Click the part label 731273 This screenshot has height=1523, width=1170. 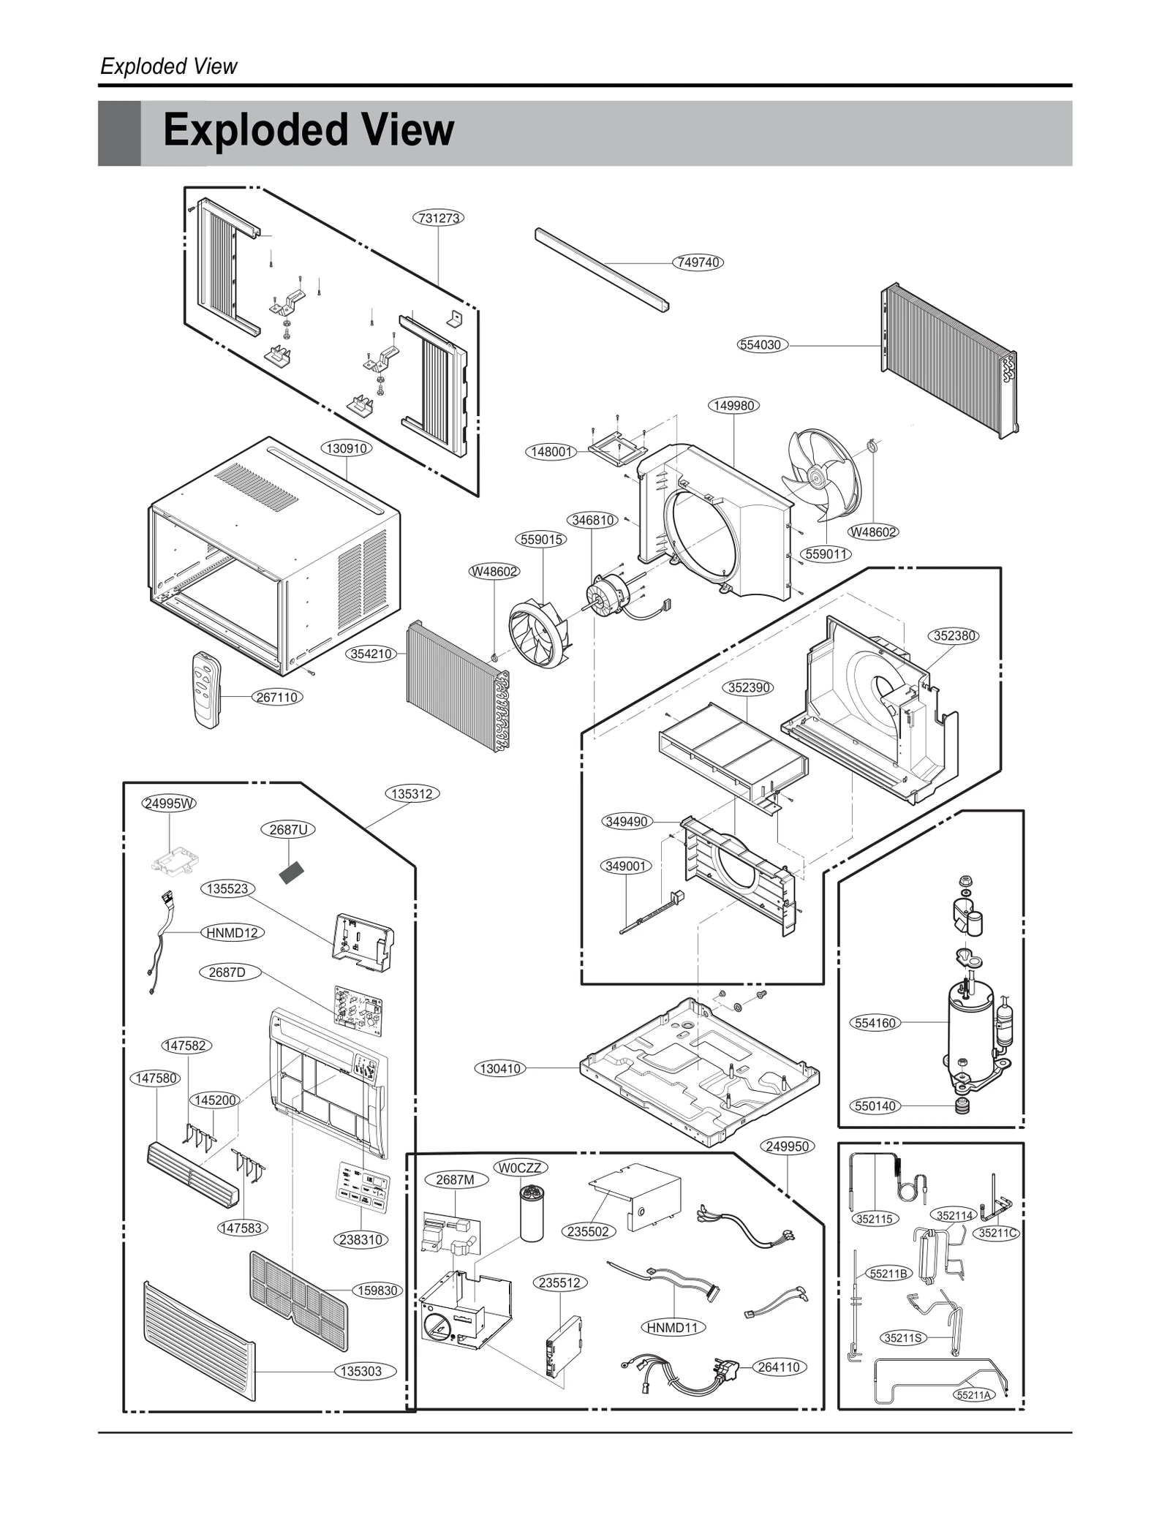439,218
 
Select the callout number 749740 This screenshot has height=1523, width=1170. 698,262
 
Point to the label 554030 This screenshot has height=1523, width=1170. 762,344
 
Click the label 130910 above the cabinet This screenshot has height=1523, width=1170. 347,448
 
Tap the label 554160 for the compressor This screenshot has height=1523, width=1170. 875,1023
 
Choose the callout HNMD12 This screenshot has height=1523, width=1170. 232,933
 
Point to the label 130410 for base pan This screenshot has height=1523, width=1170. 500,1068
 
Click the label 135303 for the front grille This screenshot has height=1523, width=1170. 362,1371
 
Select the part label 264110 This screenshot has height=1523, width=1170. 778,1367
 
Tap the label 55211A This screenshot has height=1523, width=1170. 974,1395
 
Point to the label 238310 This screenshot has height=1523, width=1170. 361,1239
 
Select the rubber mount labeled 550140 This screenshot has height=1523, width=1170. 962,1106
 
